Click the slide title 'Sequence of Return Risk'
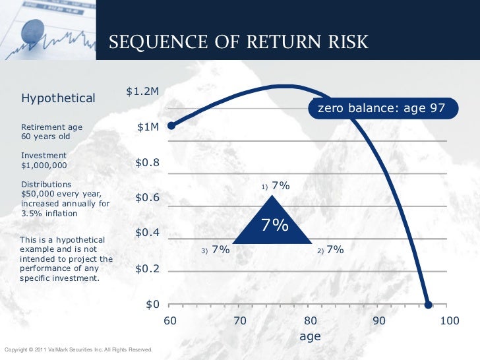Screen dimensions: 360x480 point(238,43)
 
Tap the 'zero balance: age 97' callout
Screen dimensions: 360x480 point(382,108)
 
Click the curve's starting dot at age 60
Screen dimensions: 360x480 point(171,125)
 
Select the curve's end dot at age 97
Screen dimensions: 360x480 point(428,305)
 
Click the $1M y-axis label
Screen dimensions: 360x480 point(148,127)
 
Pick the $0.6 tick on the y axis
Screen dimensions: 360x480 point(147,198)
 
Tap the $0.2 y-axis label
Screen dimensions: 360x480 point(147,269)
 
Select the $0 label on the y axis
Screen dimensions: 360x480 point(153,305)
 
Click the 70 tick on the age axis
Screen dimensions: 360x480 point(240,320)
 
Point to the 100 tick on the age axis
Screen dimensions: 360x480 point(449,320)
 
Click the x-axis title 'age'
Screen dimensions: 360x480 point(310,336)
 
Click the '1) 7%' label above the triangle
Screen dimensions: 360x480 point(276,186)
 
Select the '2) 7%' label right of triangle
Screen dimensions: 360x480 point(330,250)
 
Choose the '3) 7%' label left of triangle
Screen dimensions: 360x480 point(216,250)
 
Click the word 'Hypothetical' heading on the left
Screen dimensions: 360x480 point(59,98)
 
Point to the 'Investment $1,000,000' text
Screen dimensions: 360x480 point(44,160)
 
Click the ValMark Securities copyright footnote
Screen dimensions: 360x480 point(78,349)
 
